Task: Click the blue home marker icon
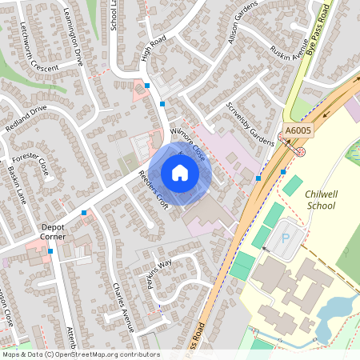[180, 173]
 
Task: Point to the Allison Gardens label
[244, 33]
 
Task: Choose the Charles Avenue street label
[122, 303]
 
